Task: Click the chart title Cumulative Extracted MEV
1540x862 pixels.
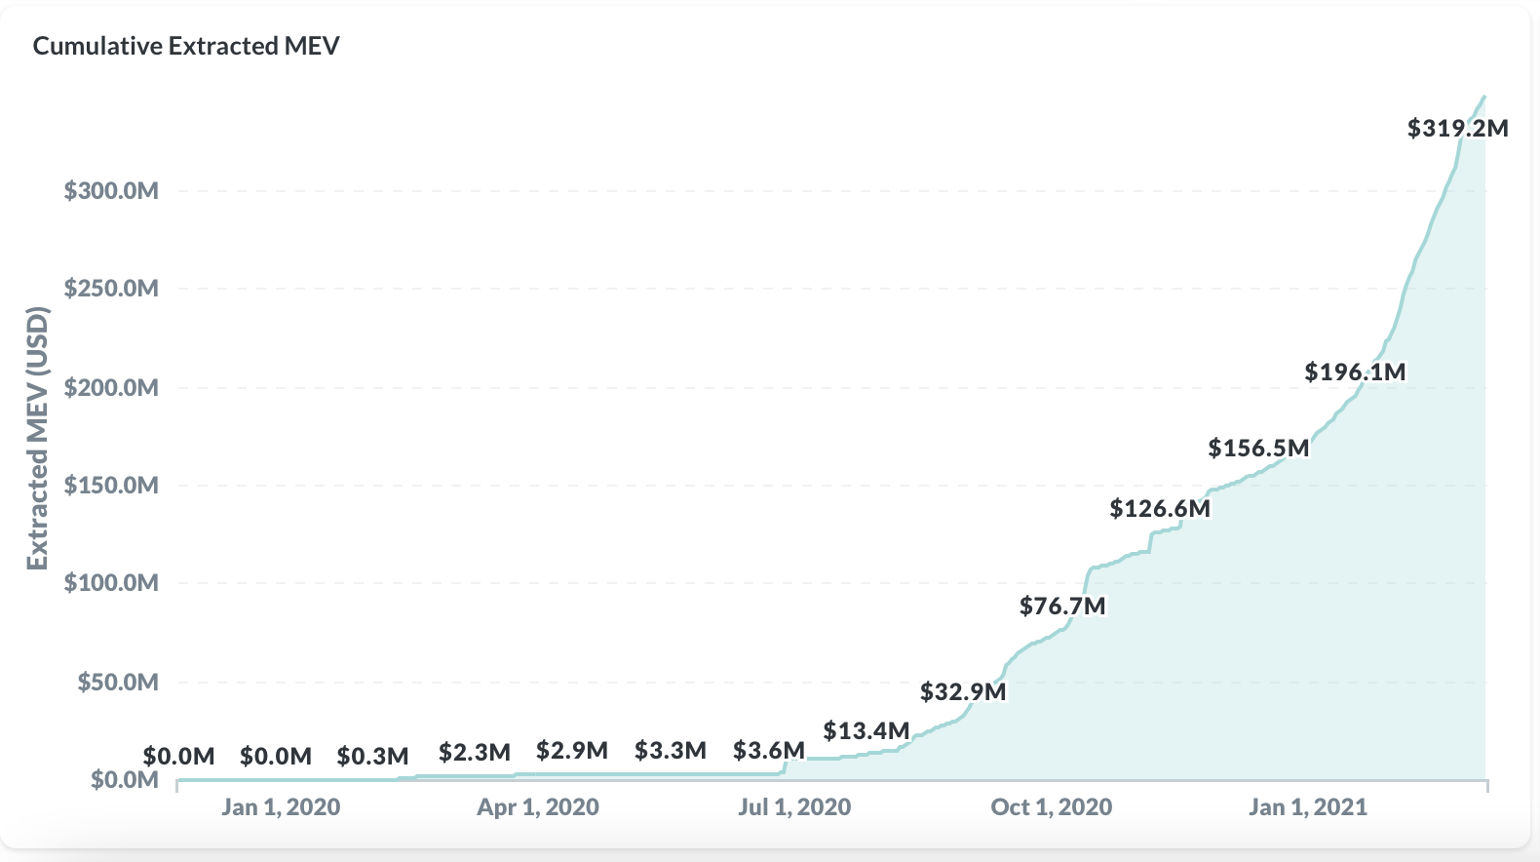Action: coord(186,46)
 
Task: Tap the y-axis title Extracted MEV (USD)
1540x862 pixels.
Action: coord(38,438)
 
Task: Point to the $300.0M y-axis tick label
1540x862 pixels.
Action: coord(111,190)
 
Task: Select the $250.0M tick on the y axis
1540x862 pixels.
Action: coord(111,289)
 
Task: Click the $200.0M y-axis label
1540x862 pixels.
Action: coord(111,387)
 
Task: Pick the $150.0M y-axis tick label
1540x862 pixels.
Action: coord(111,485)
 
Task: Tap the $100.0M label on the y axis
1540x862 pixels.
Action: coord(111,583)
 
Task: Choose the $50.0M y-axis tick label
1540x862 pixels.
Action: coord(118,682)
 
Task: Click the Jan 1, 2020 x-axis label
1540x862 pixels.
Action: coord(281,807)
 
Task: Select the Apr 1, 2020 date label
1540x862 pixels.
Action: coord(538,807)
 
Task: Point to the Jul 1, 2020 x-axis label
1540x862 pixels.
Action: coord(794,807)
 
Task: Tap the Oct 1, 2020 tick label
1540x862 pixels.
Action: coord(1052,807)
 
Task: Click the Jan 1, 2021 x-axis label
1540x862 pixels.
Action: coord(1308,807)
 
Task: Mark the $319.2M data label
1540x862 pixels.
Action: coord(1457,128)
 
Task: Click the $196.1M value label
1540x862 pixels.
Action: coord(1355,372)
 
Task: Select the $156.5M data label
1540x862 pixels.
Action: coord(1258,448)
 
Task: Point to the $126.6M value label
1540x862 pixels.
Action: coord(1160,508)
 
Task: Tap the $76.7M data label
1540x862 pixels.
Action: coord(1062,606)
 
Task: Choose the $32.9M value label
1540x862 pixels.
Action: coord(963,691)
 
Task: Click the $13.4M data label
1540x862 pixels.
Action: coord(866,730)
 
